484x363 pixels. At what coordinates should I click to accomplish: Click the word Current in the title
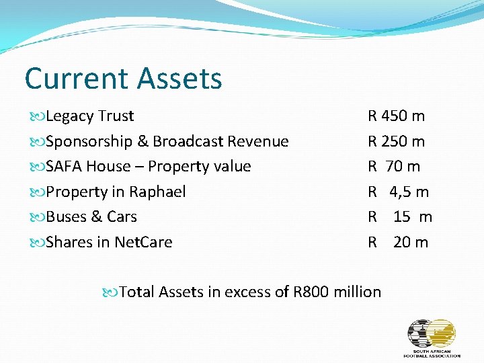pos(76,78)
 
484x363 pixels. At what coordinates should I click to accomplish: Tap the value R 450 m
pos(396,116)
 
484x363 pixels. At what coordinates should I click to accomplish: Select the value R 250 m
pos(396,141)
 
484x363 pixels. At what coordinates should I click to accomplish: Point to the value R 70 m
pos(394,166)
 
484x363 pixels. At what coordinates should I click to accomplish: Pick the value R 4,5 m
pos(398,192)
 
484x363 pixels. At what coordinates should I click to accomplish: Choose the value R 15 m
pos(399,216)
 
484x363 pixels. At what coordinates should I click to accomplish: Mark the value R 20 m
pos(397,242)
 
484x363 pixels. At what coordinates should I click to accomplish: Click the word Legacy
pos(70,116)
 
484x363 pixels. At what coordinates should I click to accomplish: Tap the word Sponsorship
pos(89,142)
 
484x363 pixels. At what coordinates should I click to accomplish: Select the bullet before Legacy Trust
pos(38,116)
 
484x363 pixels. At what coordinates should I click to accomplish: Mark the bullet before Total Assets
pos(111,292)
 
